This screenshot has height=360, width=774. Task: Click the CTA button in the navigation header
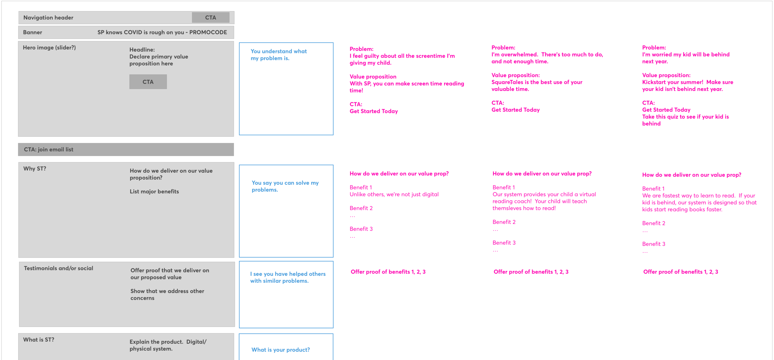tap(211, 18)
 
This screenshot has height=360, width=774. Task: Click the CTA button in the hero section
tap(148, 82)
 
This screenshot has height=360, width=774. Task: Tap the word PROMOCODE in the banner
tap(208, 32)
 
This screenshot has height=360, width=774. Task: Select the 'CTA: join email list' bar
tap(126, 150)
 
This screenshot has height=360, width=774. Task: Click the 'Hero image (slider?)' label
tap(49, 48)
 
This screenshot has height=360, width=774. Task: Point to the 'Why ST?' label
tap(35, 169)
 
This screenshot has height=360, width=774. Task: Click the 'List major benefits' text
tap(154, 192)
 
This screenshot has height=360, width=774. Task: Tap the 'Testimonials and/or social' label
tap(59, 268)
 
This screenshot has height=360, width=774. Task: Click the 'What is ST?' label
tap(39, 340)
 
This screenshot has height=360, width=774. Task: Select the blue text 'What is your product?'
tap(280, 350)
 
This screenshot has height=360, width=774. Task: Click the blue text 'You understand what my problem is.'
tap(279, 55)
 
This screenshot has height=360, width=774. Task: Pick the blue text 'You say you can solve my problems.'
tap(285, 186)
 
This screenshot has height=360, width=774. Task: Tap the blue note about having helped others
tap(288, 277)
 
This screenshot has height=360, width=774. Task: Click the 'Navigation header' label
tap(48, 18)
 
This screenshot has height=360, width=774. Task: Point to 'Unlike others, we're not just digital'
tap(394, 194)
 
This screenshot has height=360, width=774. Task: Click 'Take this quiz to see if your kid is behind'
tap(685, 120)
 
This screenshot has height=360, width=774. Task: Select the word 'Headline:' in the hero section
tap(142, 50)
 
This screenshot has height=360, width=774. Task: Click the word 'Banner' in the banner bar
tap(33, 33)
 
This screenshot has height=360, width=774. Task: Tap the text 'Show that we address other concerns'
tap(167, 294)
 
